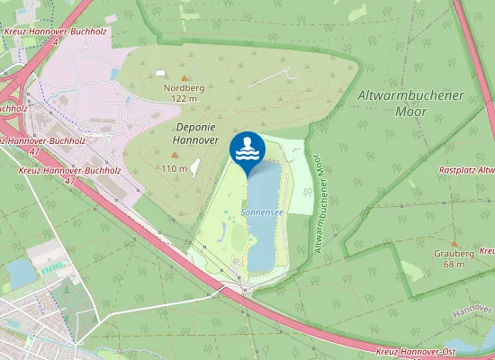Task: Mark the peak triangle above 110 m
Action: [190, 165]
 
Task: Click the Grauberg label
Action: [454, 254]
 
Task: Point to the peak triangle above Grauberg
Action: [454, 244]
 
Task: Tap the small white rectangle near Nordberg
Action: [160, 73]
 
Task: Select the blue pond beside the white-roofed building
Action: [20, 272]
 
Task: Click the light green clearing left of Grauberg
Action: [412, 271]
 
